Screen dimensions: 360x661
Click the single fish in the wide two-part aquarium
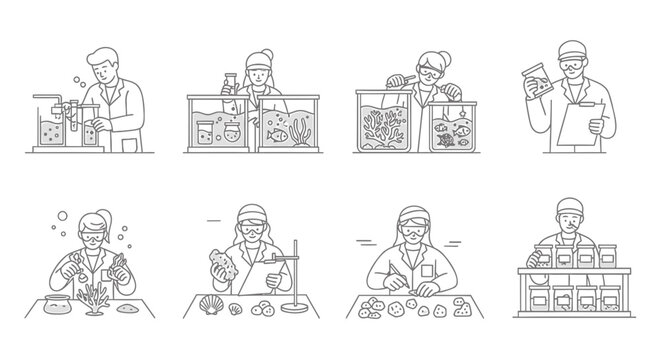[275, 129]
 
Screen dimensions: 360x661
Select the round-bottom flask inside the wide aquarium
[234, 132]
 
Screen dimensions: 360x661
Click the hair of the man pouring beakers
[103, 55]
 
